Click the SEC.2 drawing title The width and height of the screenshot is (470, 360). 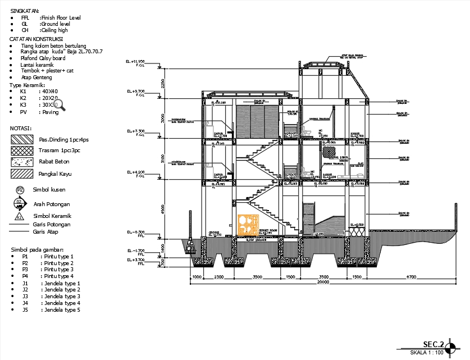[434, 344]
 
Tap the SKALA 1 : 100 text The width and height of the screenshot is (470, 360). [427, 353]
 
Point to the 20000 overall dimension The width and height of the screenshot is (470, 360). [322, 282]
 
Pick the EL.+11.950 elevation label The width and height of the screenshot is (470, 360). [135, 62]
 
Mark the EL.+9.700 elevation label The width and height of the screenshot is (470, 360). [135, 92]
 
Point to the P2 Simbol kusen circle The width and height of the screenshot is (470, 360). [20, 190]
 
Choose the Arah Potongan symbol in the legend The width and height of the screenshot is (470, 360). [19, 203]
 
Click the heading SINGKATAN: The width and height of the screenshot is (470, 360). [25, 11]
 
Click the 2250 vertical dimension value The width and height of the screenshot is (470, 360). [161, 83]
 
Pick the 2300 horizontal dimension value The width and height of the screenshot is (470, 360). [218, 277]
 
